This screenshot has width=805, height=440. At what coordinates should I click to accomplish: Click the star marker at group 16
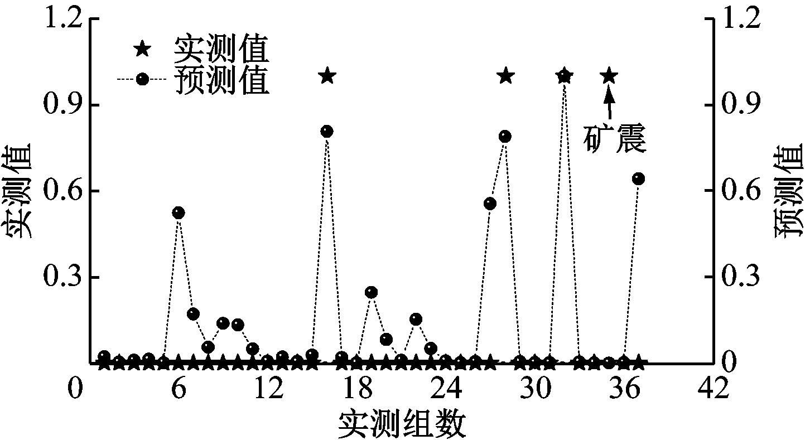327,76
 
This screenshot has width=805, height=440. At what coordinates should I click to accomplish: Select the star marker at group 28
505,76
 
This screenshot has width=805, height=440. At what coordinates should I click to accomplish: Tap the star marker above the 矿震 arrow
609,76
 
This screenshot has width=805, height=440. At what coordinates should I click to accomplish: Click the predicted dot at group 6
179,212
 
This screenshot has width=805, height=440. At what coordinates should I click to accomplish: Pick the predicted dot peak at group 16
327,132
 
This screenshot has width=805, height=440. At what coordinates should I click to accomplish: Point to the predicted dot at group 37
638,179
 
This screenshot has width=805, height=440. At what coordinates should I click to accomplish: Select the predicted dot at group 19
371,292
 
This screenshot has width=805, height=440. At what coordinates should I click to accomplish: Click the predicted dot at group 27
490,204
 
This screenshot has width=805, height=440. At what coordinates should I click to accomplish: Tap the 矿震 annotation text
615,138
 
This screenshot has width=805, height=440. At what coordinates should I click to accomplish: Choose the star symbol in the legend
142,49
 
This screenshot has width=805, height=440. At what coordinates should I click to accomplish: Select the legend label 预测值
222,80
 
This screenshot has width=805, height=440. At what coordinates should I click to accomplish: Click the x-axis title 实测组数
402,423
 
